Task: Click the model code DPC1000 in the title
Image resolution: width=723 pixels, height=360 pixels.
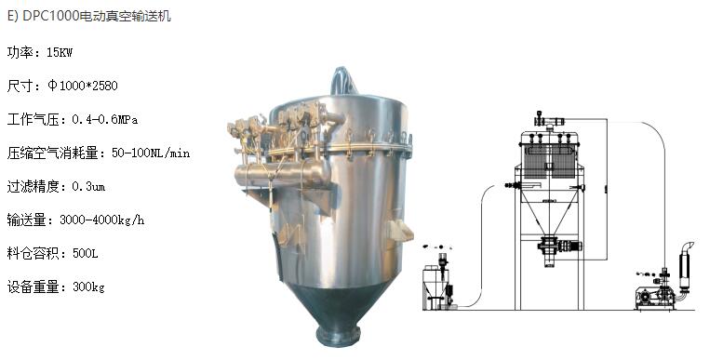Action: coord(51,16)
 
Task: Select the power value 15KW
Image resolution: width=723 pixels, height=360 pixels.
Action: coord(60,52)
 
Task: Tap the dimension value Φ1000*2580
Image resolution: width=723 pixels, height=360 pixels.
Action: coord(83,86)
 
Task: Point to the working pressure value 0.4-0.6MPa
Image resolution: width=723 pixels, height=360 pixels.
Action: coord(104,120)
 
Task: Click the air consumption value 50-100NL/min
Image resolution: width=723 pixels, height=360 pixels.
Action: coord(151,153)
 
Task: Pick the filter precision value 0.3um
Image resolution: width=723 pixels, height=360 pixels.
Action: coord(88,187)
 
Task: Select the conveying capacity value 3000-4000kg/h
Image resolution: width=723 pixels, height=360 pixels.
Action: coord(102,220)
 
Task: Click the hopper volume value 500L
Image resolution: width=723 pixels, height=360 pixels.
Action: coord(86,254)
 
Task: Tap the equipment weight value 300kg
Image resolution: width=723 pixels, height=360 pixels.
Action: coord(88,287)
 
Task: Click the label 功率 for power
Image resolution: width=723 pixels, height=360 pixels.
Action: coord(20,52)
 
